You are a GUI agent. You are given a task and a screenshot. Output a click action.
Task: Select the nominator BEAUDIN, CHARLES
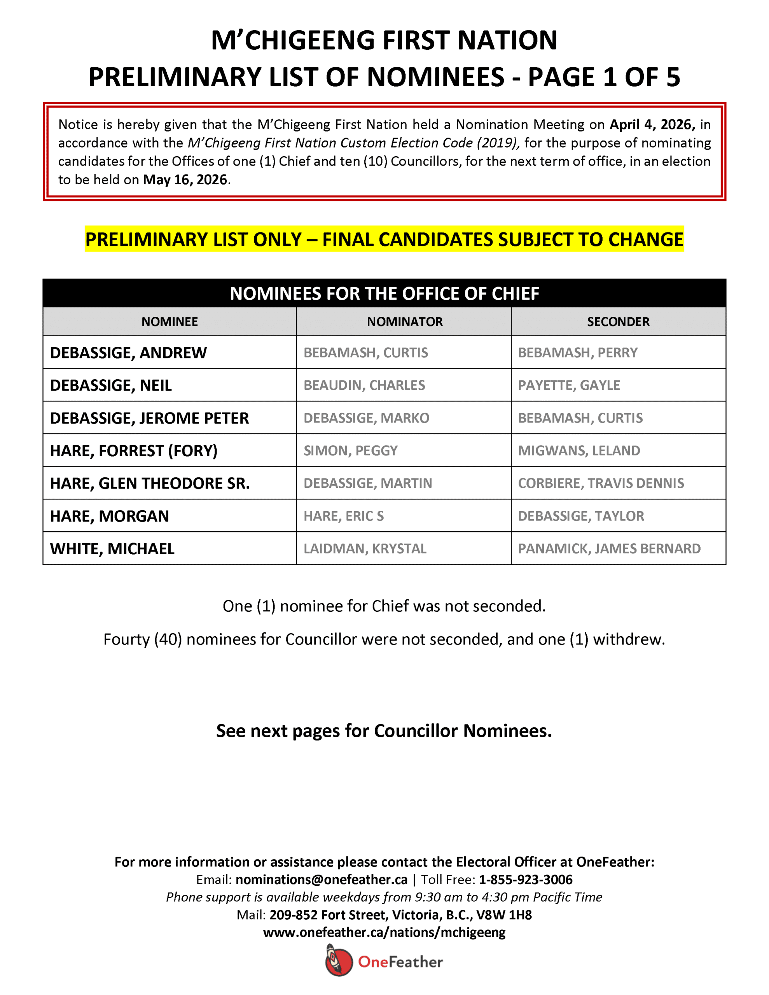(x=364, y=386)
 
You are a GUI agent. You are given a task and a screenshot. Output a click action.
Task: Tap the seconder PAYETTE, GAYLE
(x=568, y=386)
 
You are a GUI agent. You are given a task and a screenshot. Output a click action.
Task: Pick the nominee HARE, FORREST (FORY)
(x=134, y=450)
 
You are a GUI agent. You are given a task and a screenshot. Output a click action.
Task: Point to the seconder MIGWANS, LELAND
(x=578, y=450)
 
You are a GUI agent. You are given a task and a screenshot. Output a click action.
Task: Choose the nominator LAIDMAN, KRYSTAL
(x=365, y=548)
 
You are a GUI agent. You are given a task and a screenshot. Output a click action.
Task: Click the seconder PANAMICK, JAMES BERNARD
(x=609, y=548)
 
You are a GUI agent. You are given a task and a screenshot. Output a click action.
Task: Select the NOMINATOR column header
(x=404, y=322)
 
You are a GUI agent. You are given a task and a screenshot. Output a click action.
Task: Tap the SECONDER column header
(x=618, y=322)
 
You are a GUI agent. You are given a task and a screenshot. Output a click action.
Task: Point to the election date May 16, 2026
(x=185, y=180)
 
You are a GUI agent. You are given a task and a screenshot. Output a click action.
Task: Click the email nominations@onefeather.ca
(x=322, y=879)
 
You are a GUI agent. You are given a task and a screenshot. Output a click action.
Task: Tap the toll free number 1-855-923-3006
(x=525, y=879)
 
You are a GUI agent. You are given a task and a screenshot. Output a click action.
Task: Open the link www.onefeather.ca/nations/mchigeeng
(x=384, y=932)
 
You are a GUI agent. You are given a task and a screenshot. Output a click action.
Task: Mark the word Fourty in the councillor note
(x=126, y=639)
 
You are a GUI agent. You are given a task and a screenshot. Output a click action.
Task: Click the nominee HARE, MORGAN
(x=109, y=516)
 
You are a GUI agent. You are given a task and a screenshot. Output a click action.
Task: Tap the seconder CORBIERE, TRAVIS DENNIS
(x=601, y=484)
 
